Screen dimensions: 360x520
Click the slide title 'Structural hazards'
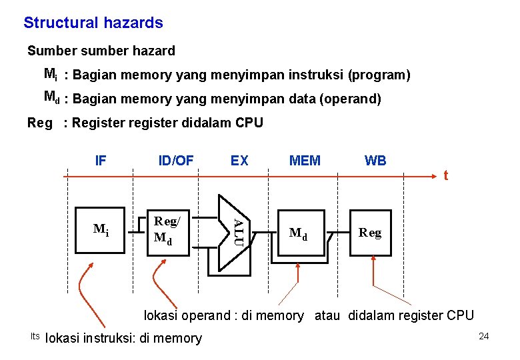[x=93, y=23]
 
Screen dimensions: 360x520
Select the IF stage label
[x=101, y=161]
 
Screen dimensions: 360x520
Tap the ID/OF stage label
[x=176, y=161]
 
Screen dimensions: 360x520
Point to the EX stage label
[x=239, y=161]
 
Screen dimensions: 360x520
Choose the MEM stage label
[x=305, y=161]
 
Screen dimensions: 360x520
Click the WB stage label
[x=375, y=161]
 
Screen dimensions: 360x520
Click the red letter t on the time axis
[x=445, y=176]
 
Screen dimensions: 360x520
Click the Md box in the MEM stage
[x=299, y=233]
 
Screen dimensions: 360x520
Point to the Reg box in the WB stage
[x=370, y=233]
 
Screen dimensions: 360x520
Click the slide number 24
[x=483, y=336]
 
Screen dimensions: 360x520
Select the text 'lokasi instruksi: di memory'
[x=123, y=338]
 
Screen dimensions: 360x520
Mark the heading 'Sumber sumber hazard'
[x=101, y=51]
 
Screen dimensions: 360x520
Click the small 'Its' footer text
[x=35, y=335]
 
